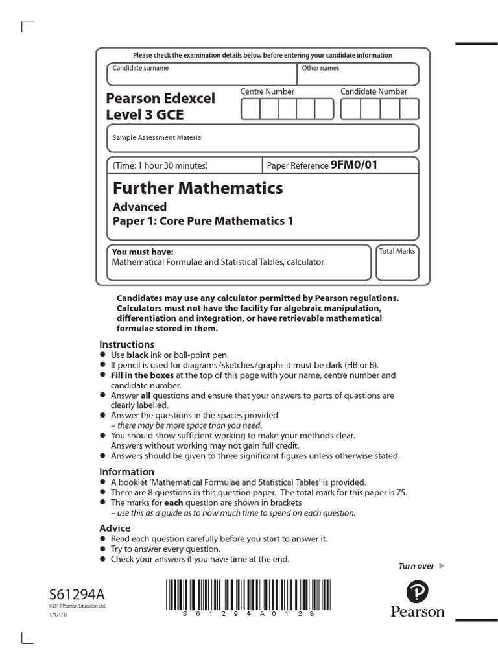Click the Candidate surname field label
[141, 68]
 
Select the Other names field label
[320, 68]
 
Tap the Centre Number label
[267, 92]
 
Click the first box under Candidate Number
[351, 110]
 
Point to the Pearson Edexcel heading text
[160, 99]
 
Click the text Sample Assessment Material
[158, 137]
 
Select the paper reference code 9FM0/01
[353, 165]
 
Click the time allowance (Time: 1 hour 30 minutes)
[161, 166]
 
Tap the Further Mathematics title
[198, 189]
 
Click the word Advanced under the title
[139, 207]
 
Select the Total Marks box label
[397, 251]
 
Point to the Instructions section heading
[126, 344]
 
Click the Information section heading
[126, 472]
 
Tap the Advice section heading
[115, 528]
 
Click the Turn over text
[416, 566]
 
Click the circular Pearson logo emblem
[417, 593]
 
